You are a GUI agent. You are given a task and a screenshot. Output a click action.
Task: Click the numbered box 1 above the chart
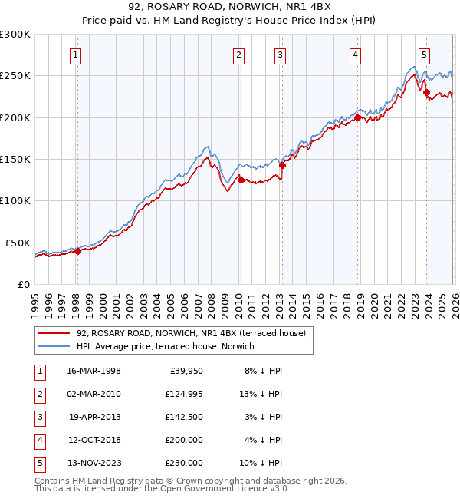(x=77, y=55)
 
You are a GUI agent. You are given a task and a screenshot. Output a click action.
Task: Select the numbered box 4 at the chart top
(x=356, y=55)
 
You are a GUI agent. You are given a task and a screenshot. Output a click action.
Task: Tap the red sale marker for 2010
(x=240, y=180)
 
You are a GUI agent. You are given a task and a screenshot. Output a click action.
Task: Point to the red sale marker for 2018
(x=357, y=117)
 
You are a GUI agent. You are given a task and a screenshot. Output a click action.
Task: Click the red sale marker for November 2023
(x=426, y=93)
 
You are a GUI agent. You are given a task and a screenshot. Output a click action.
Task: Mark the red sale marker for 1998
(x=77, y=250)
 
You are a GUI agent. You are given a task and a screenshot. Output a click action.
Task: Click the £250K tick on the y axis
(x=15, y=76)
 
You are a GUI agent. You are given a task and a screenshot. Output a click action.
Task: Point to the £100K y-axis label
(x=15, y=200)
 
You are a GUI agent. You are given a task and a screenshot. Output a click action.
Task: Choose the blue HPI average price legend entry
(x=166, y=346)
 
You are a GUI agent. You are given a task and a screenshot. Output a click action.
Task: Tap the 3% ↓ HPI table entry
(x=264, y=417)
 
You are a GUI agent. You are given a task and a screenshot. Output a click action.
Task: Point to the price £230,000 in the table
(x=183, y=463)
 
